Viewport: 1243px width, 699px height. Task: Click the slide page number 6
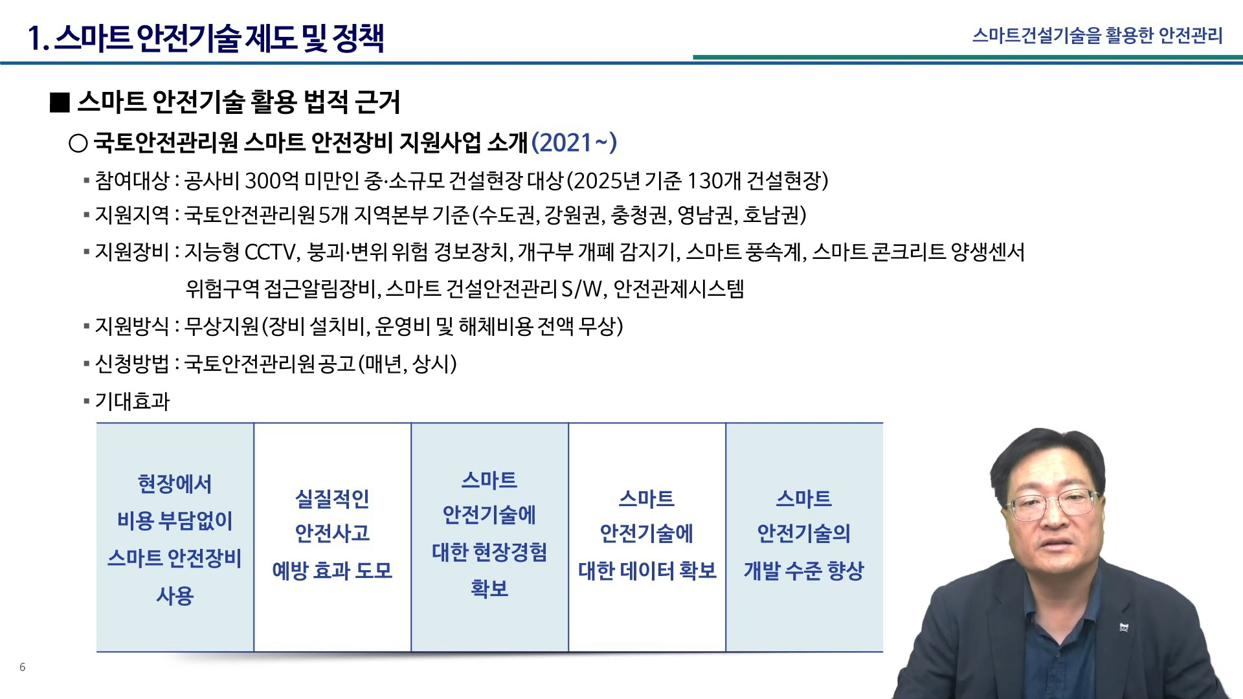[23, 667]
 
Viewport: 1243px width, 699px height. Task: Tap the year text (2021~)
[574, 142]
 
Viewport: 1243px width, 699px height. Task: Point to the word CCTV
[271, 252]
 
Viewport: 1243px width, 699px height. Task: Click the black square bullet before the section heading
[60, 102]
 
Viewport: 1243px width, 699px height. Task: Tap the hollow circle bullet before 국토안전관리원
[78, 143]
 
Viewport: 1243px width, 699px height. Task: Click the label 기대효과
[132, 401]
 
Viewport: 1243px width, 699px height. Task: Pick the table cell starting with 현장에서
[175, 538]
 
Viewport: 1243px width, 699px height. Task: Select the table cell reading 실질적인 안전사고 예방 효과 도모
[333, 538]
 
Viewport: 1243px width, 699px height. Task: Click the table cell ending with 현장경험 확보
[490, 538]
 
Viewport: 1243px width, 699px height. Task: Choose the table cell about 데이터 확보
[647, 538]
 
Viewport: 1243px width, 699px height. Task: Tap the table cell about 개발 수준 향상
[804, 538]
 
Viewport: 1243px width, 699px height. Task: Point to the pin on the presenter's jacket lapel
[1124, 627]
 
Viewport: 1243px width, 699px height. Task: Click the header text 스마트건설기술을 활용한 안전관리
[1097, 35]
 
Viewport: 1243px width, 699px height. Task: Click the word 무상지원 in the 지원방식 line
[221, 326]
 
